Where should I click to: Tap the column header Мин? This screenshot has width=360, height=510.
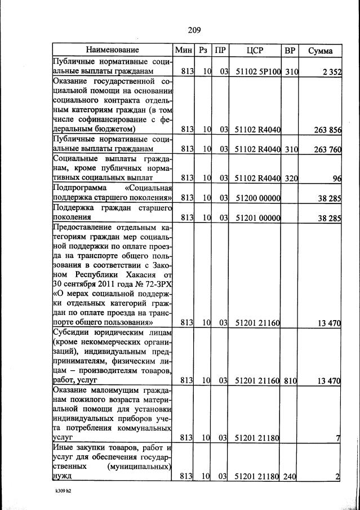pos(184,50)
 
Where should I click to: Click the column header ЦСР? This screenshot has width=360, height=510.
pos(255,50)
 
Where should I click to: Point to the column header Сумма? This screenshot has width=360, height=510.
pos(321,51)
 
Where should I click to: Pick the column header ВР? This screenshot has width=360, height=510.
pos(290,50)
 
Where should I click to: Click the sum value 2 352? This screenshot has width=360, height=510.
pos(330,72)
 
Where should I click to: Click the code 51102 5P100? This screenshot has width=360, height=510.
pos(257,72)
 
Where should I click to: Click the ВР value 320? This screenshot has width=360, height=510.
pos(291,178)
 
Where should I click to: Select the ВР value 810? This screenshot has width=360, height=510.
pos(291,381)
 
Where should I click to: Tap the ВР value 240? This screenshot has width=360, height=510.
pos(291,477)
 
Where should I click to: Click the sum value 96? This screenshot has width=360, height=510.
pos(337,178)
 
